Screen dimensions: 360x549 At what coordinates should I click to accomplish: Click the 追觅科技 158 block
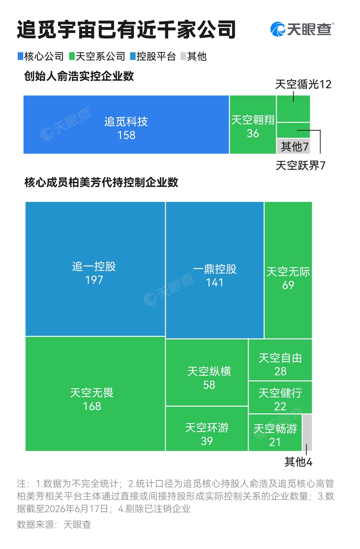pos(126,124)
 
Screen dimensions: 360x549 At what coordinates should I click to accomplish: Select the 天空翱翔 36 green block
pos(253,124)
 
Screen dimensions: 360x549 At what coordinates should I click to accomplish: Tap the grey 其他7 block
pos(293,146)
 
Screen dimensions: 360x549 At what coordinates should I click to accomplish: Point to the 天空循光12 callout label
pos(303,84)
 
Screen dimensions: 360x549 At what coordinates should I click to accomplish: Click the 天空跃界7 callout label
pos(301,166)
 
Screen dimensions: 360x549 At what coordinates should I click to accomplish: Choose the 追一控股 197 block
pos(95,269)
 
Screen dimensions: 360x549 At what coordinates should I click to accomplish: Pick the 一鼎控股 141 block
pos(215,270)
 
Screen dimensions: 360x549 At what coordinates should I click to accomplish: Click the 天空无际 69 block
pos(288,270)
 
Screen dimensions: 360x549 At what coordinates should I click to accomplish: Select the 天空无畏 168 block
pos(95,394)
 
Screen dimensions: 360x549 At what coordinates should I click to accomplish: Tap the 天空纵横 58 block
pos(207,373)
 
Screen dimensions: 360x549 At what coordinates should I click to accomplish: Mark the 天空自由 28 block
pos(280,360)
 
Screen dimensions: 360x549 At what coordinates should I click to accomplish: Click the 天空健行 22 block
pos(280,397)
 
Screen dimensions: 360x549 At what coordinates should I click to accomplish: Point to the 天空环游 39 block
pos(207,428)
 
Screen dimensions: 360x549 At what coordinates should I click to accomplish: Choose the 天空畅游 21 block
pos(275,433)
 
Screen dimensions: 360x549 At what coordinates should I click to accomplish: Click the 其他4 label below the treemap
pos(298,462)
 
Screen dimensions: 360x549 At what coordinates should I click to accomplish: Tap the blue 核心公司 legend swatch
pos(20,56)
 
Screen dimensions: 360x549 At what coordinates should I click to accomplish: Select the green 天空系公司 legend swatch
pos(72,56)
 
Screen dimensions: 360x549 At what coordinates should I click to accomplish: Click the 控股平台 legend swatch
pos(133,56)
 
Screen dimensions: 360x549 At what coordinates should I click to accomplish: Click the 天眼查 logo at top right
pos(302,29)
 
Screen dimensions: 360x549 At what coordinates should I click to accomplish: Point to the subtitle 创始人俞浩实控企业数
pos(79,76)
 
